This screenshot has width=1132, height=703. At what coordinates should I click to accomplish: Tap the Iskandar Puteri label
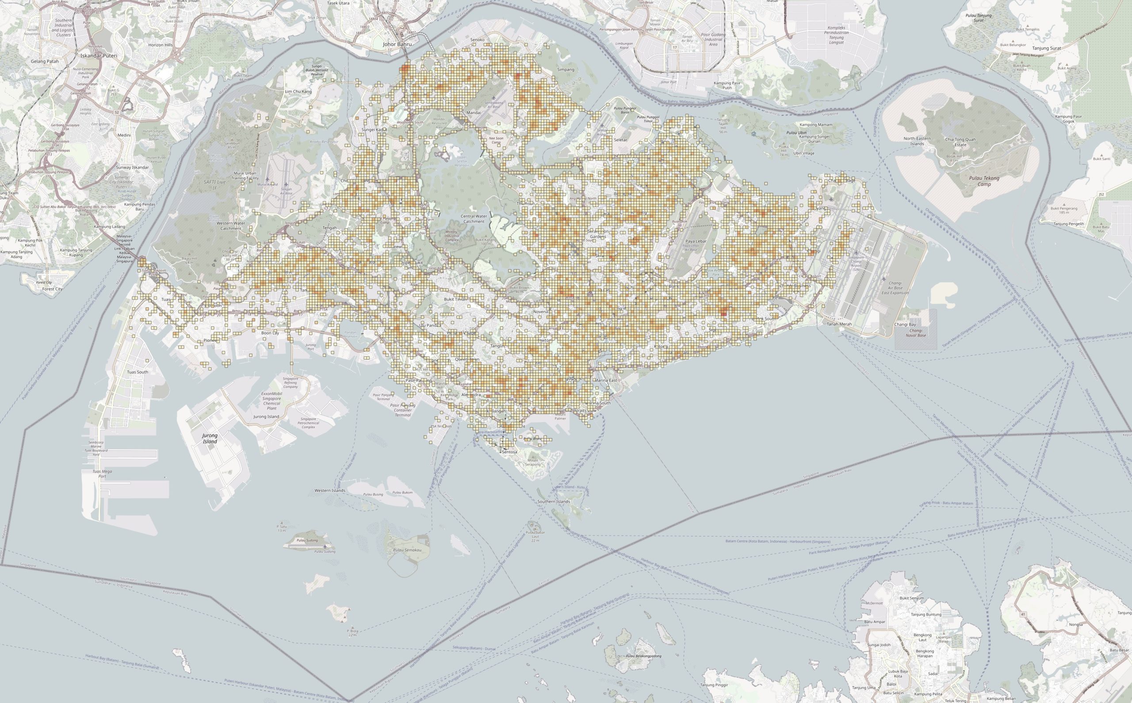(x=99, y=55)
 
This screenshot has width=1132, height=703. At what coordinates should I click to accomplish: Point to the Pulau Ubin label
(x=796, y=133)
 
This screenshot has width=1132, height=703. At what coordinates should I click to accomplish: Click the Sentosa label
(x=509, y=452)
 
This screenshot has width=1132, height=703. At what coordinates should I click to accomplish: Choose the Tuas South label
(x=137, y=372)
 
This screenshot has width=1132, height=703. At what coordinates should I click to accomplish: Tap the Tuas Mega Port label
(x=98, y=474)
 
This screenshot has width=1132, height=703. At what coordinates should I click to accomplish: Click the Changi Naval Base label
(x=915, y=332)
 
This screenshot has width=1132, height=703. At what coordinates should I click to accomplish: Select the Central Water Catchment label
(x=474, y=219)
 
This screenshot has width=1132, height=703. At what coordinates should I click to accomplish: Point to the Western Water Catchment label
(x=231, y=226)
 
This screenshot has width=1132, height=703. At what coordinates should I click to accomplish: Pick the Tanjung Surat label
(x=1046, y=48)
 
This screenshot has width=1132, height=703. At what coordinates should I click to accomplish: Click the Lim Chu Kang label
(x=298, y=91)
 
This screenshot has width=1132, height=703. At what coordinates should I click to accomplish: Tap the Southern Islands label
(x=553, y=502)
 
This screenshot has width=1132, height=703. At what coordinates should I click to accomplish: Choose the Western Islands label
(x=330, y=490)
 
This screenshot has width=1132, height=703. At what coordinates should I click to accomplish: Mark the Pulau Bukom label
(x=402, y=492)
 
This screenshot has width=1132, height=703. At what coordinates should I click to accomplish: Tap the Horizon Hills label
(x=161, y=45)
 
